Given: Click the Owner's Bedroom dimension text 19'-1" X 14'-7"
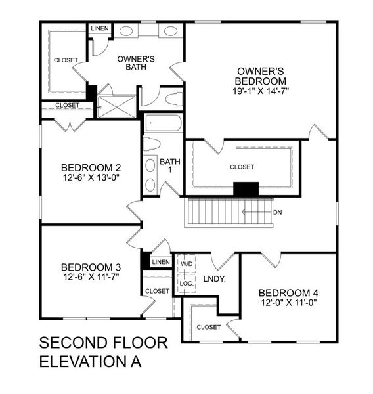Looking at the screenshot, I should pyautogui.click(x=261, y=90).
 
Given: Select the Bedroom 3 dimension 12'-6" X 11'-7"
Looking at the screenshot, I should pyautogui.click(x=91, y=277).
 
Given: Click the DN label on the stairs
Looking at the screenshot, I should pyautogui.click(x=278, y=212).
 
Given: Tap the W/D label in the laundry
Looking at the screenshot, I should pyautogui.click(x=186, y=264).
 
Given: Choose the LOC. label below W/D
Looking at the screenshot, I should pyautogui.click(x=186, y=284).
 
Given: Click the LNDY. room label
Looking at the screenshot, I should pyautogui.click(x=215, y=279).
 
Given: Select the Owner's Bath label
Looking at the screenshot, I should pyautogui.click(x=136, y=62).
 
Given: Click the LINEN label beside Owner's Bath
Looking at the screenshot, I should pyautogui.click(x=100, y=28).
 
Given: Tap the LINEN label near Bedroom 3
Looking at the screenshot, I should pyautogui.click(x=160, y=263).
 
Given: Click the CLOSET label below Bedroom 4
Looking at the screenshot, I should pyautogui.click(x=208, y=326).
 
